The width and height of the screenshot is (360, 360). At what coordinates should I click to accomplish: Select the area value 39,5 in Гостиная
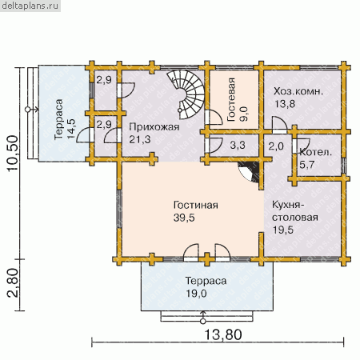tap(184, 218)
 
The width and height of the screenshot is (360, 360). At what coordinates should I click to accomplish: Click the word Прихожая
tap(154, 127)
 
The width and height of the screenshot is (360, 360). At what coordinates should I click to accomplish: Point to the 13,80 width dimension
tap(223, 334)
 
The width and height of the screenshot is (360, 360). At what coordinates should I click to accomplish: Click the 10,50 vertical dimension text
tap(13, 154)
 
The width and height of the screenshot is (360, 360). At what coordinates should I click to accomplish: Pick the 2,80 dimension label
tap(13, 282)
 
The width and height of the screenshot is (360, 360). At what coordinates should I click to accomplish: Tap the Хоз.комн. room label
tap(298, 91)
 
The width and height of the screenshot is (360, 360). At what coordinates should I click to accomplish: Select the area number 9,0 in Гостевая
tap(243, 114)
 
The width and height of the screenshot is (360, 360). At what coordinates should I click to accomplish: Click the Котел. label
tap(316, 153)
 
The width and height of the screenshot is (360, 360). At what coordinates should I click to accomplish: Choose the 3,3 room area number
tap(238, 146)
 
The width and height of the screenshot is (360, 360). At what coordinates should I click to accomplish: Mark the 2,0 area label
tap(276, 146)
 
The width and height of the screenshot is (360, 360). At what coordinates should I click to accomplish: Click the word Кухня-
tap(288, 205)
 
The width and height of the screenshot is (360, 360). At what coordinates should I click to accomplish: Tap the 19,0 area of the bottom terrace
tap(196, 294)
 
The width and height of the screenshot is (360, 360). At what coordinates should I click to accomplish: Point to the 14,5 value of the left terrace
tap(71, 129)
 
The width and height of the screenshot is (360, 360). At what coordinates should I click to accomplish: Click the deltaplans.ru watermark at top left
tap(30, 6)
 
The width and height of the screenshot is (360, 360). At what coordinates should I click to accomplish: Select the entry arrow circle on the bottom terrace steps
tap(203, 322)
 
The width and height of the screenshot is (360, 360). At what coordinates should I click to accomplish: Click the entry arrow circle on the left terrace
tap(27, 110)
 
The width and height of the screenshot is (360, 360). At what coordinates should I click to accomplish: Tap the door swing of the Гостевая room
tap(214, 117)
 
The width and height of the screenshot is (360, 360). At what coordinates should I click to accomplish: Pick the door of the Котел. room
tap(302, 146)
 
